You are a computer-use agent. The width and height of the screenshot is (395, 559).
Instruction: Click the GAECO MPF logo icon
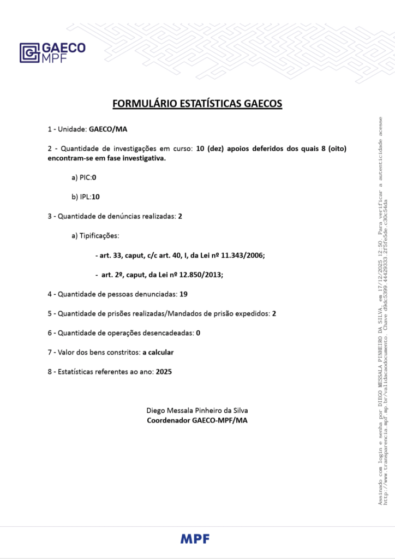pos(29,53)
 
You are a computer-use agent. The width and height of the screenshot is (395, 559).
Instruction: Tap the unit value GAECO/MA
pos(108,129)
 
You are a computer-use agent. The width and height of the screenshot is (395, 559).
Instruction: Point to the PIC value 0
pos(94,177)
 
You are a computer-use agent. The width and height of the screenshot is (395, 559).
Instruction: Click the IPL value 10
pos(96,197)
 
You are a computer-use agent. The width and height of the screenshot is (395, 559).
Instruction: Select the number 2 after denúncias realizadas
pos(180,216)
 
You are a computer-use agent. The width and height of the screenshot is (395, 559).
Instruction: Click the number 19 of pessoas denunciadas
pos(183,294)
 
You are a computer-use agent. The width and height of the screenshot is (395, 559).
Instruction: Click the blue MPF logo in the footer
pos(195,539)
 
